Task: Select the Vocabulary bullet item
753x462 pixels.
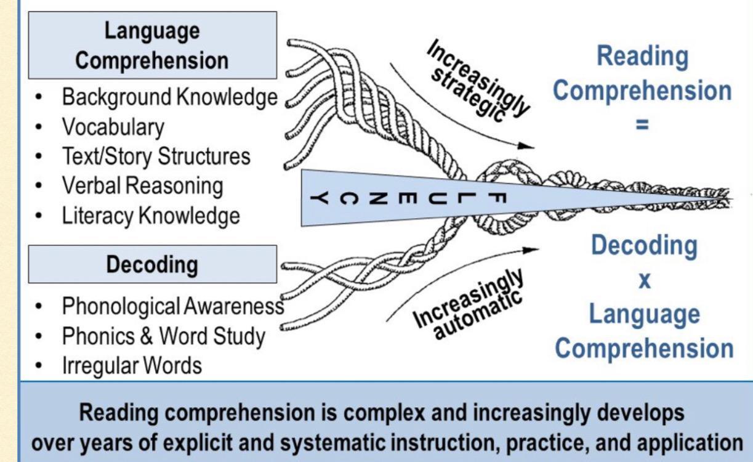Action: (112, 127)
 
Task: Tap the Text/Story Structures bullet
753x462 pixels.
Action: (156, 156)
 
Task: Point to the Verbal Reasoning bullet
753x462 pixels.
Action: (142, 185)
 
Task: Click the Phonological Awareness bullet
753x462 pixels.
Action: (172, 306)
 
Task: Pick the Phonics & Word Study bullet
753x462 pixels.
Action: (163, 336)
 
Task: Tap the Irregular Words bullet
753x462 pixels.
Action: (131, 366)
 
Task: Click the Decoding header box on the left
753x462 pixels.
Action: (152, 265)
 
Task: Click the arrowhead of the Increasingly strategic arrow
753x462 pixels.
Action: (526, 147)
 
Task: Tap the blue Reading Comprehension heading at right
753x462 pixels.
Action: (642, 74)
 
